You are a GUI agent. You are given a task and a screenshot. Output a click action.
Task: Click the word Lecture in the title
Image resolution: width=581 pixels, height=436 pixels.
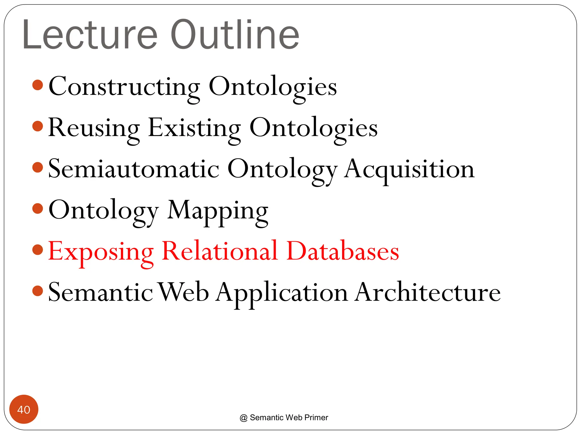pos(90,35)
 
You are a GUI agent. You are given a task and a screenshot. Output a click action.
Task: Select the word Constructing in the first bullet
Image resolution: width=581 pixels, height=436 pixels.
pos(124,87)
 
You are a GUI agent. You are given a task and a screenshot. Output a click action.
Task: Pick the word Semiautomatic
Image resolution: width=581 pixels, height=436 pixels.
pos(134,169)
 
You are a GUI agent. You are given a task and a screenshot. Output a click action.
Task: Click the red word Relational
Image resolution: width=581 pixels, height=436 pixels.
pos(220,251)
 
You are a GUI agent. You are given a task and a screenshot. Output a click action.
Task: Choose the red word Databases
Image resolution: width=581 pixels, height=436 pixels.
pos(343,251)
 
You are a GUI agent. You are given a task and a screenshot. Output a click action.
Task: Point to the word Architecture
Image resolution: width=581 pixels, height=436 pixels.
pos(428,292)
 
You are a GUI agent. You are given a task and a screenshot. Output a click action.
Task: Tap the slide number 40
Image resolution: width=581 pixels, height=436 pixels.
pos(24,410)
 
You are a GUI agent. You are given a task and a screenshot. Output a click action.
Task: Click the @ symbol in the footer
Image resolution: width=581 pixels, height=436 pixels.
pos(243,418)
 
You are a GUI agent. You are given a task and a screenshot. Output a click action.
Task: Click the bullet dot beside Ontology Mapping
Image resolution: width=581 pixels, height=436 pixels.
pos(38,209)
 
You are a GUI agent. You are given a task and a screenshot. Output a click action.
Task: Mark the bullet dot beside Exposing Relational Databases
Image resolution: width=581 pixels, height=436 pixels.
pos(38,250)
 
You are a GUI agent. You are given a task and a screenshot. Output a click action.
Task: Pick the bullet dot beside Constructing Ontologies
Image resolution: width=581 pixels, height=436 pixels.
pos(38,85)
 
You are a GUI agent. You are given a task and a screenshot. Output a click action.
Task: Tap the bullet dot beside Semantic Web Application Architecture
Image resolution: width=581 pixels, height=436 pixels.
pos(38,291)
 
